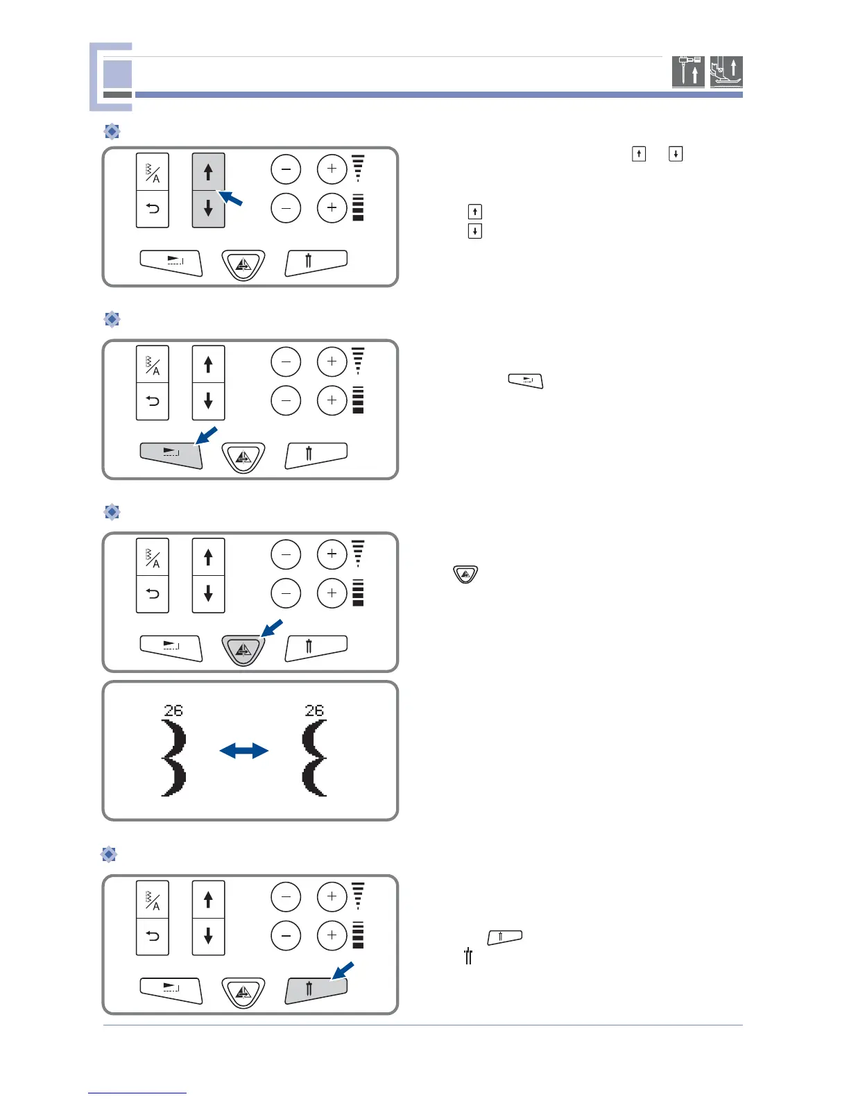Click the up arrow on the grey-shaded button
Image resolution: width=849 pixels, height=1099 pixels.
[208, 171]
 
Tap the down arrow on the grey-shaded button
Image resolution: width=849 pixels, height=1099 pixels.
[208, 208]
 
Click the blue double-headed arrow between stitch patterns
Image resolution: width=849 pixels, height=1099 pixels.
[243, 750]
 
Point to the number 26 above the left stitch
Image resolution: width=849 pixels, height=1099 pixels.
[173, 710]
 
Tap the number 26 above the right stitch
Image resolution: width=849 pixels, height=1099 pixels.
[314, 710]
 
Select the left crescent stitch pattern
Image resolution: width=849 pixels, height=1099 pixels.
[173, 758]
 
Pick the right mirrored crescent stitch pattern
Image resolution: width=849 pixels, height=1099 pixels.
[314, 758]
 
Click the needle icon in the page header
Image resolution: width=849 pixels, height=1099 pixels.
[688, 71]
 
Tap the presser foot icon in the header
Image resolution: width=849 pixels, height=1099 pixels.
[726, 71]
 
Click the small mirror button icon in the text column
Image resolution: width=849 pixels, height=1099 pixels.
[465, 574]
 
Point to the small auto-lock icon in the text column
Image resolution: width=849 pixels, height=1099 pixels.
[526, 381]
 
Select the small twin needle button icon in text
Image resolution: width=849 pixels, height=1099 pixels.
[505, 937]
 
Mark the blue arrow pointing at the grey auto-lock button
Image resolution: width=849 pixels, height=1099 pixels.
[207, 436]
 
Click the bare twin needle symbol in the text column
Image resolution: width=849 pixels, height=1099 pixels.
[469, 957]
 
